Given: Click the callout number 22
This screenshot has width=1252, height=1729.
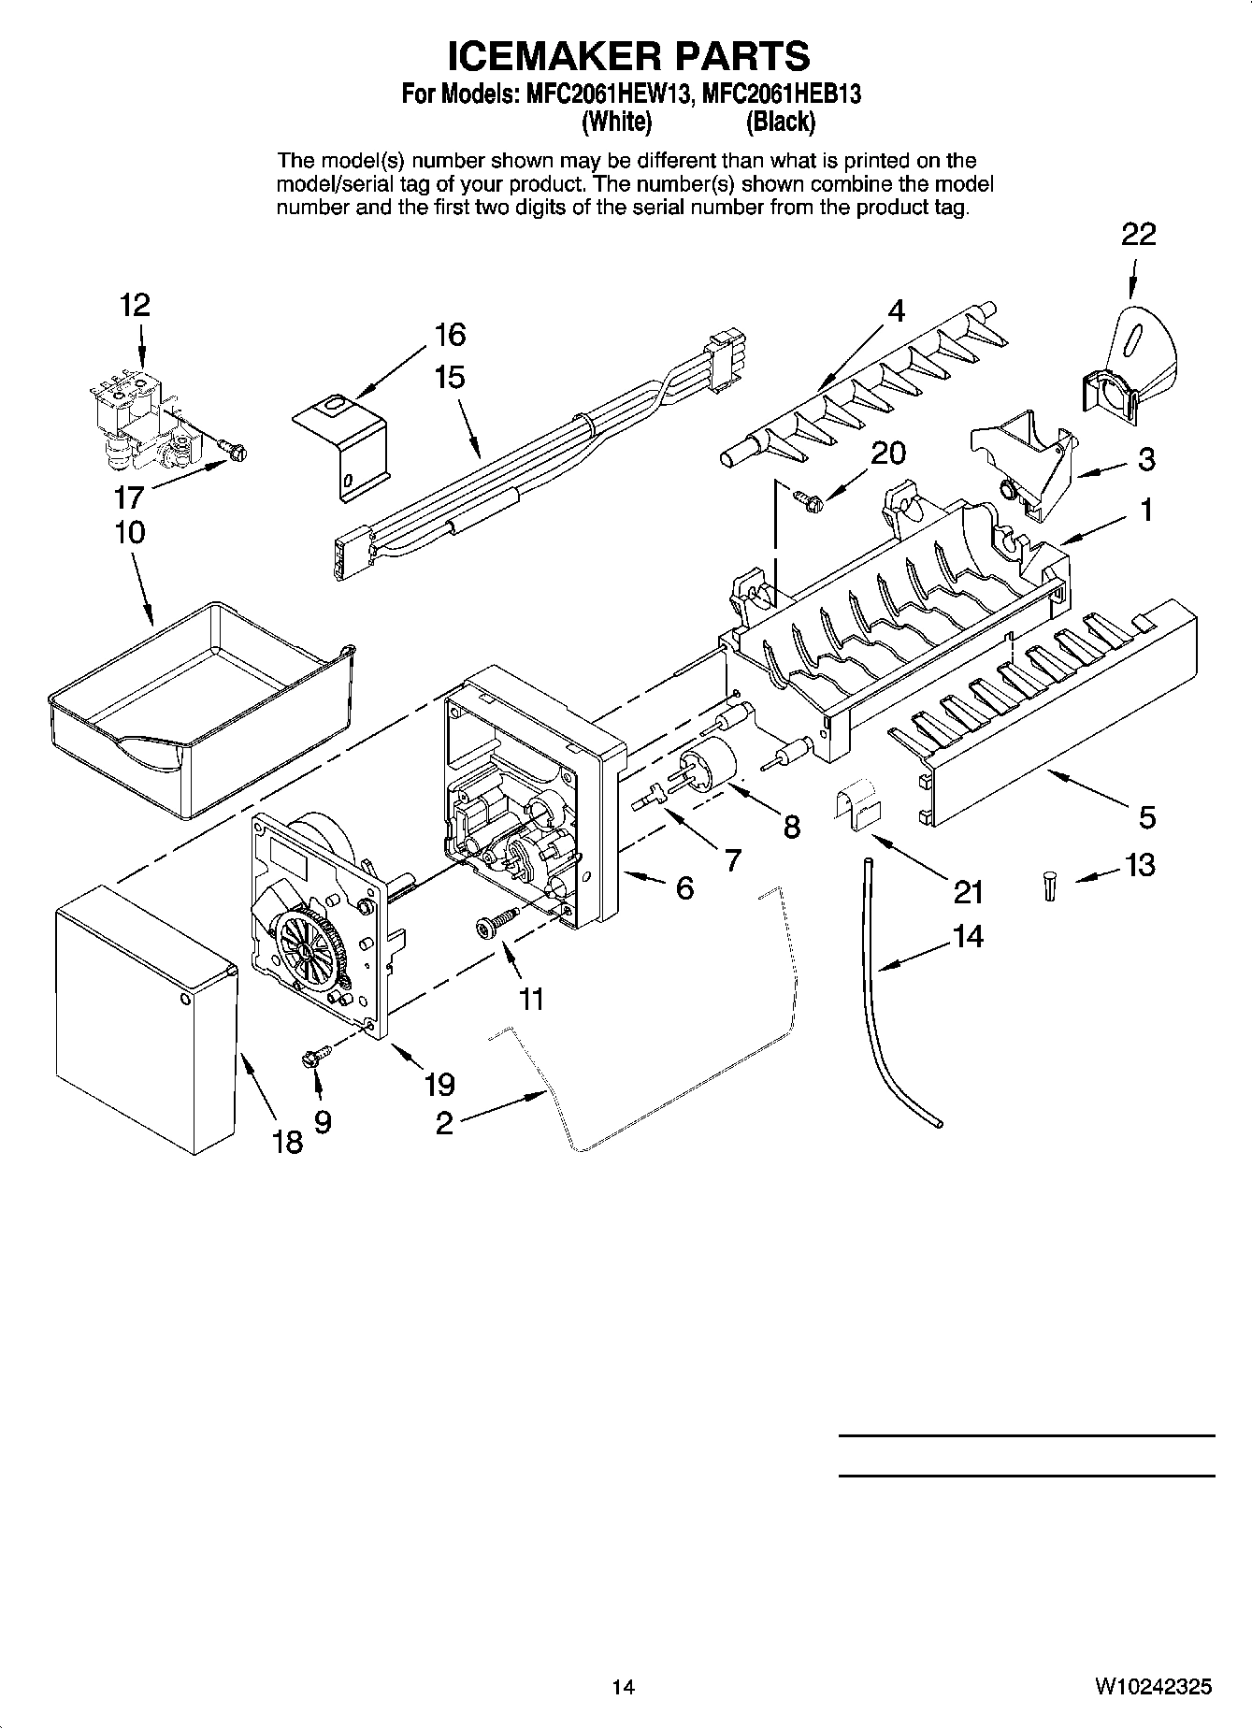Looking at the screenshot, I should tap(1138, 234).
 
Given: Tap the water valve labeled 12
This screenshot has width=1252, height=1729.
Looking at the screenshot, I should tap(137, 421).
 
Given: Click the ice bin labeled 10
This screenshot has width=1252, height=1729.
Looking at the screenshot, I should tap(201, 706).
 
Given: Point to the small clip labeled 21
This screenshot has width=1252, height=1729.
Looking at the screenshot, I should tap(856, 803).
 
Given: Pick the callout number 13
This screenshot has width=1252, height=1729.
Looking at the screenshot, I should tap(1140, 865).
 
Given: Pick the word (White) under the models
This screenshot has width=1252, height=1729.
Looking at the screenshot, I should tap(616, 122).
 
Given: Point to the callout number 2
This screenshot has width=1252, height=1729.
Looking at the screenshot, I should tap(444, 1121).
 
